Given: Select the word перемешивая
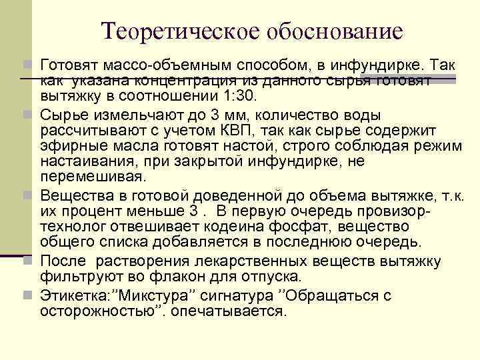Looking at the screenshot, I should pos(92,178).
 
